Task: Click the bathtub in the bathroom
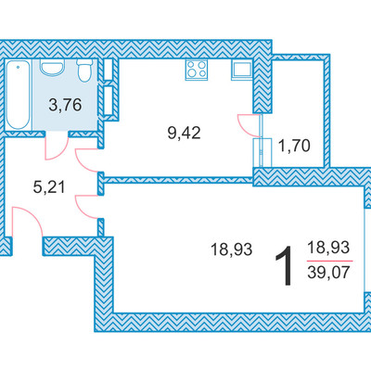[19, 95]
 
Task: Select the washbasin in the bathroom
[53, 68]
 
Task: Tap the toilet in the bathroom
[84, 70]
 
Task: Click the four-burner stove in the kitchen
[197, 70]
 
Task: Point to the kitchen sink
[242, 70]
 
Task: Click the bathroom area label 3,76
[65, 106]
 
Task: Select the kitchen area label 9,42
[184, 134]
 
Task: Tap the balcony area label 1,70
[294, 146]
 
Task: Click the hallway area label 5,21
[49, 187]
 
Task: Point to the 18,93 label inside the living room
[231, 249]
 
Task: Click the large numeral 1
[285, 265]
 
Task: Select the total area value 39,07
[328, 273]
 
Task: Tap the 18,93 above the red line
[328, 248]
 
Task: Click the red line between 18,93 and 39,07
[330, 261]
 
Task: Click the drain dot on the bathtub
[19, 67]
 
